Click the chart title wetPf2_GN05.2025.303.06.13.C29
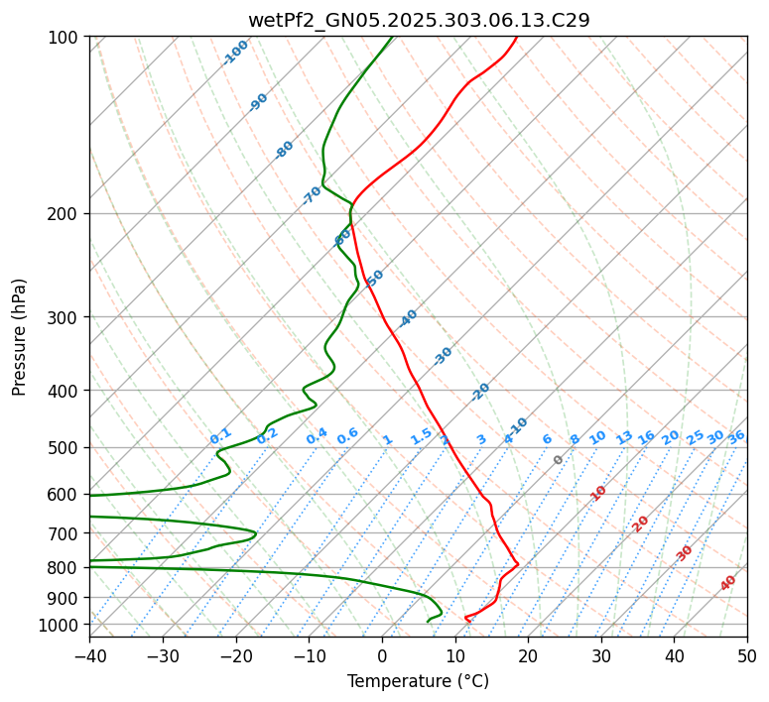click(x=418, y=20)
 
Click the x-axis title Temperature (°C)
click(x=418, y=681)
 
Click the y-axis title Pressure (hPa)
click(x=20, y=336)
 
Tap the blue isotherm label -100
click(x=236, y=53)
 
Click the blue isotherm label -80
click(x=285, y=150)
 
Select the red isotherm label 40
click(x=728, y=583)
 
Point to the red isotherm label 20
click(x=641, y=523)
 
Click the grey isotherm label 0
click(x=559, y=460)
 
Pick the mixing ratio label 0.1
click(x=220, y=436)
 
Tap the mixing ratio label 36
click(x=736, y=436)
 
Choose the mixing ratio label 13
click(x=624, y=437)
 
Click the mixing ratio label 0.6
click(x=347, y=436)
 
